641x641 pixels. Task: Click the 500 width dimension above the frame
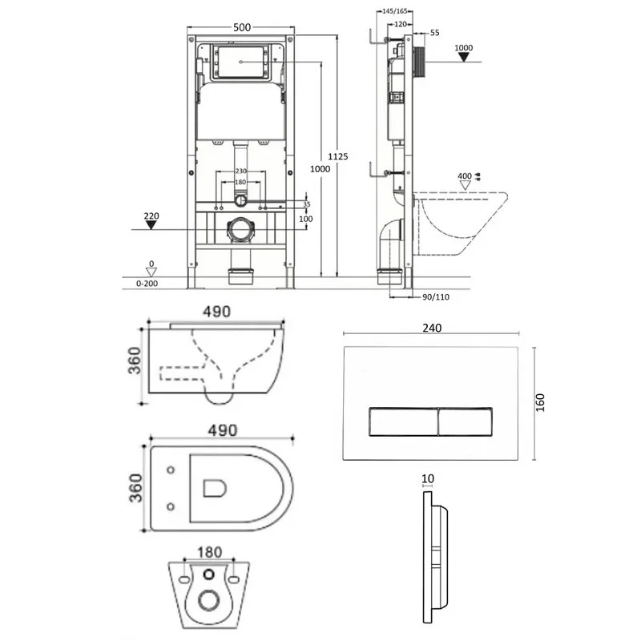tap(242, 26)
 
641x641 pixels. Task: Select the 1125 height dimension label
tap(339, 157)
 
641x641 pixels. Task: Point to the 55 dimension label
tap(435, 33)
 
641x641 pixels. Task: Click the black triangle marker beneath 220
tap(151, 225)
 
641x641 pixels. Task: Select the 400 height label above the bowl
tap(465, 175)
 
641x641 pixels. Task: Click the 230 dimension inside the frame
tap(240, 171)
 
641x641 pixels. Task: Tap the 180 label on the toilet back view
tap(208, 552)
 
